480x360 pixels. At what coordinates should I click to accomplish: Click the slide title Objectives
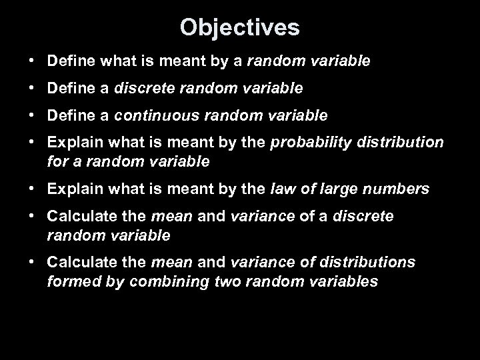click(x=240, y=27)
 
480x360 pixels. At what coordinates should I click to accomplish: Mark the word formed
click(x=67, y=281)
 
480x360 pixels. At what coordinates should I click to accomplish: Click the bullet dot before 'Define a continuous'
click(x=32, y=115)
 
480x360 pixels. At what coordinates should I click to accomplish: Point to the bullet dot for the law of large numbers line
click(x=32, y=189)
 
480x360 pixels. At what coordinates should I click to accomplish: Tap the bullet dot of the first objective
click(x=32, y=61)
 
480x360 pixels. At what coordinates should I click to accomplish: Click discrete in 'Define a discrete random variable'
click(x=140, y=88)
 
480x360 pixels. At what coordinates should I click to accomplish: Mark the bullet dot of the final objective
click(x=32, y=262)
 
